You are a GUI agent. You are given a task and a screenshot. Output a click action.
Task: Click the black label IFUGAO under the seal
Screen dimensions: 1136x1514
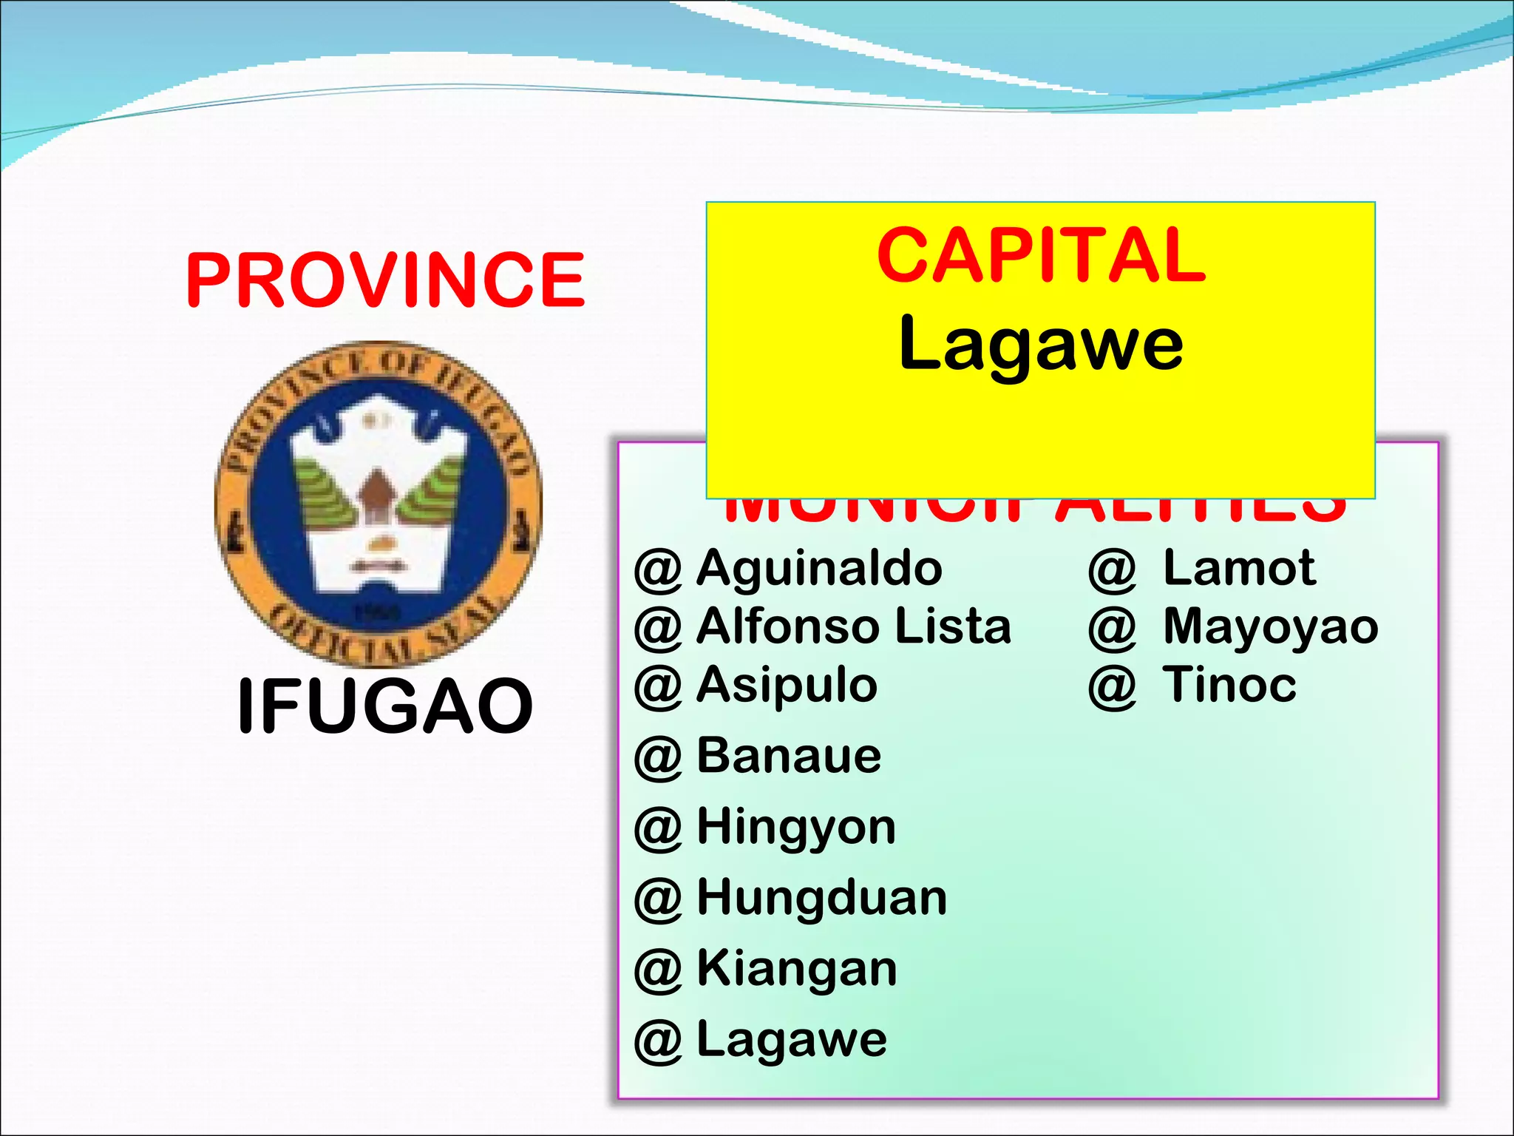point(384,706)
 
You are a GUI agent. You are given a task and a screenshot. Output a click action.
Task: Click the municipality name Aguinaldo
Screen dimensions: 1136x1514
point(819,568)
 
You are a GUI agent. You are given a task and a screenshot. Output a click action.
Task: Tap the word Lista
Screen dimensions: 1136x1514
point(953,626)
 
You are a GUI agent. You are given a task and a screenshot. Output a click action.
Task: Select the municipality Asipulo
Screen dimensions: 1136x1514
point(787,685)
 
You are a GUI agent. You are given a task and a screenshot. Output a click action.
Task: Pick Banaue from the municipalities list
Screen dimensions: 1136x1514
point(789,756)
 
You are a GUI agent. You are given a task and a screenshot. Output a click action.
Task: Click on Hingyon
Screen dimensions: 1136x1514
point(796,827)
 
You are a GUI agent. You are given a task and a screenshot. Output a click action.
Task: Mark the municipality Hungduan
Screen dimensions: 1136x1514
point(821,898)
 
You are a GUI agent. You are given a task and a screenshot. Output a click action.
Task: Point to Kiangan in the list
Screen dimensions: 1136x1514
point(797,969)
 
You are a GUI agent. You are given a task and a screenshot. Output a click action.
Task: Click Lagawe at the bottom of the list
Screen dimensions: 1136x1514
point(792,1039)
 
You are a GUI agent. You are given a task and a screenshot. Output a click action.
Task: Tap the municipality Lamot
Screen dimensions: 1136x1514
point(1239,568)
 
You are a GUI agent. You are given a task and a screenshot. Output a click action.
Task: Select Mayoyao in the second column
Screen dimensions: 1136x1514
point(1270,626)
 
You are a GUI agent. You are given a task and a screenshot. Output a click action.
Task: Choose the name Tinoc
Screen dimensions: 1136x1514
point(1229,685)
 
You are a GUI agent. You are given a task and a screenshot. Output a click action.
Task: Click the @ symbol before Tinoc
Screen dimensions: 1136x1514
point(1111,687)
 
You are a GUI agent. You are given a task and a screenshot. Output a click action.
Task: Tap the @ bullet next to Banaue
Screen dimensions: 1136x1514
point(657,758)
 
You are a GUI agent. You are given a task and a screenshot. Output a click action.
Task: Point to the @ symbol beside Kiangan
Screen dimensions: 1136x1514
point(657,970)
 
